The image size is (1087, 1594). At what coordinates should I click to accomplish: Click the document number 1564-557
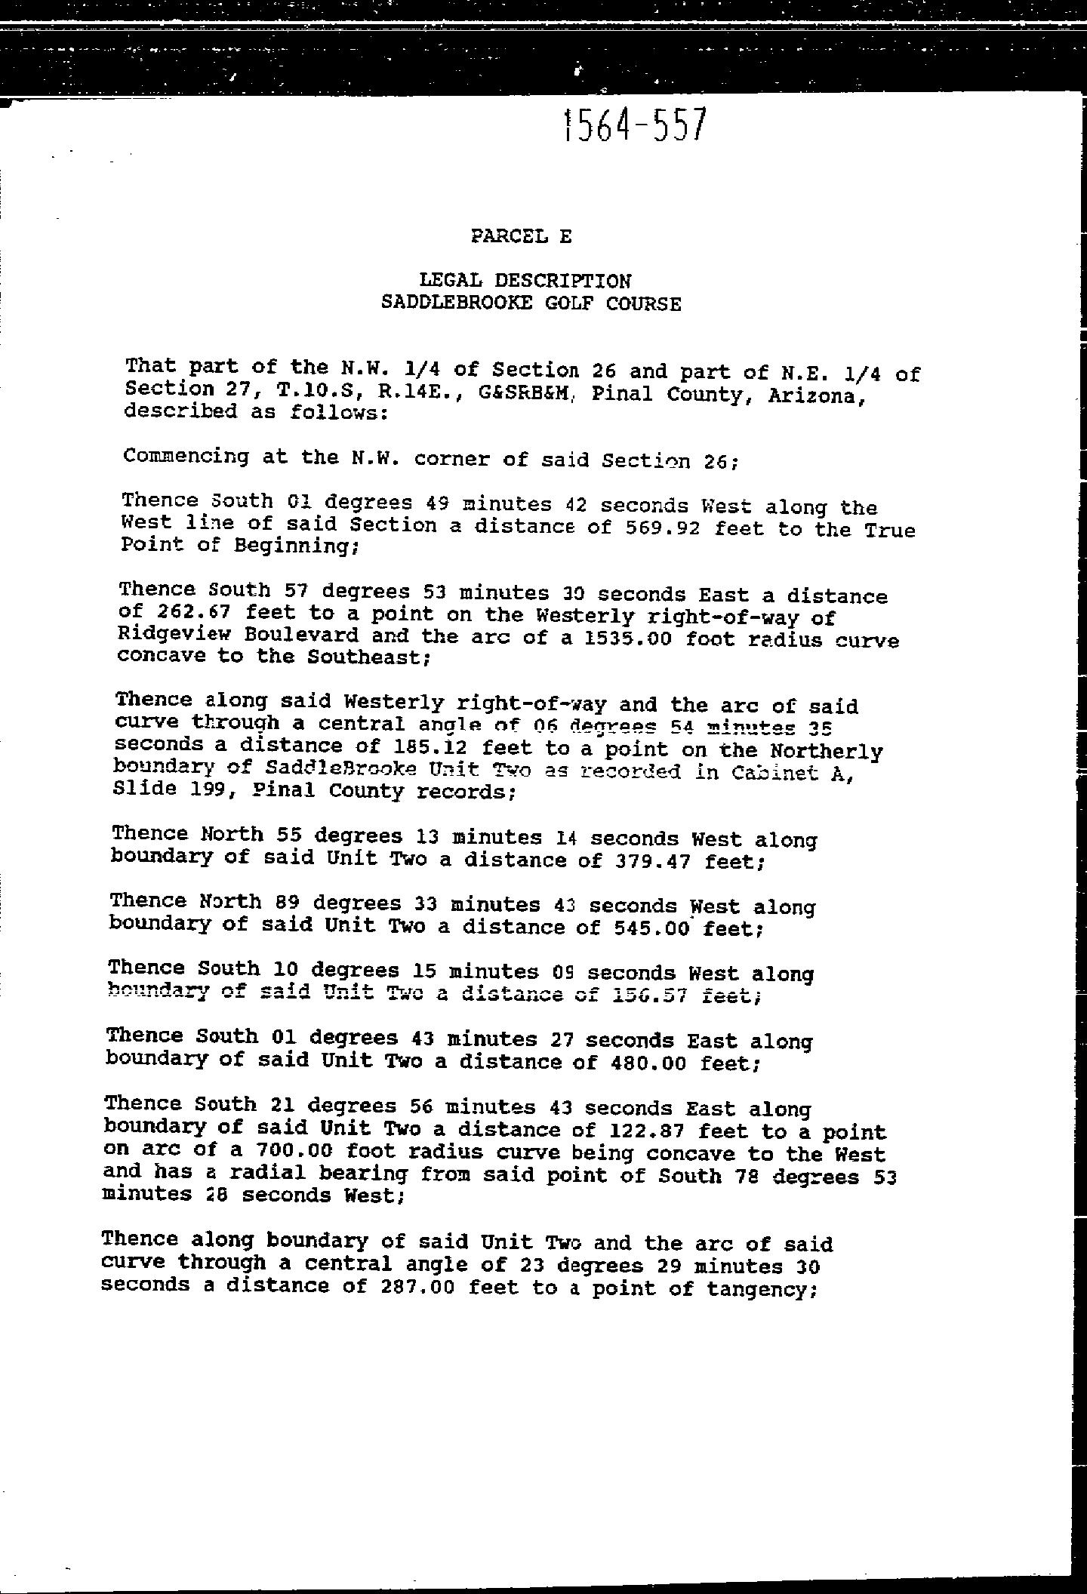[x=635, y=125]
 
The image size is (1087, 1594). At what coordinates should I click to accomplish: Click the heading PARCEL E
[x=521, y=236]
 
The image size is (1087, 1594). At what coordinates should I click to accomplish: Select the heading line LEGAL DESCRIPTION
[x=525, y=281]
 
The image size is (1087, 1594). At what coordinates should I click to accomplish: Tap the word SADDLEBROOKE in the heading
[x=456, y=303]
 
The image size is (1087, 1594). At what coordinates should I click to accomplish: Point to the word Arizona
[x=814, y=396]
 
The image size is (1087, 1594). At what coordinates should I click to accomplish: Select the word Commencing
[x=186, y=457]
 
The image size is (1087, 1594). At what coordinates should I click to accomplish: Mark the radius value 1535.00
[x=628, y=639]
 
